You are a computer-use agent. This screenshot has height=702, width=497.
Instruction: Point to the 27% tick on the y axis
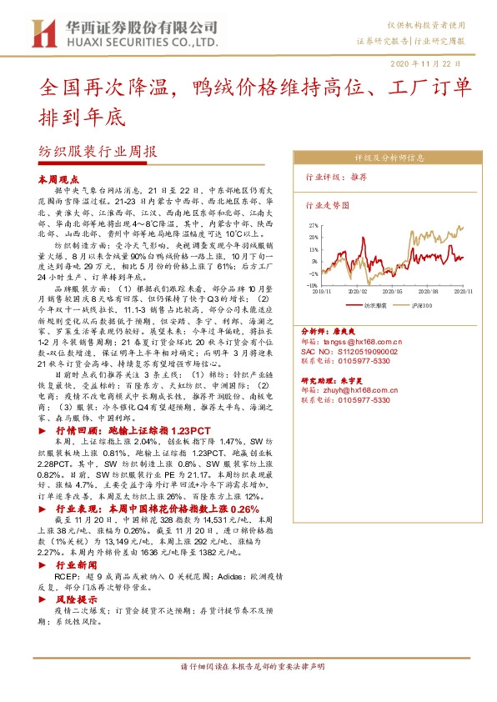coord(314,225)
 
